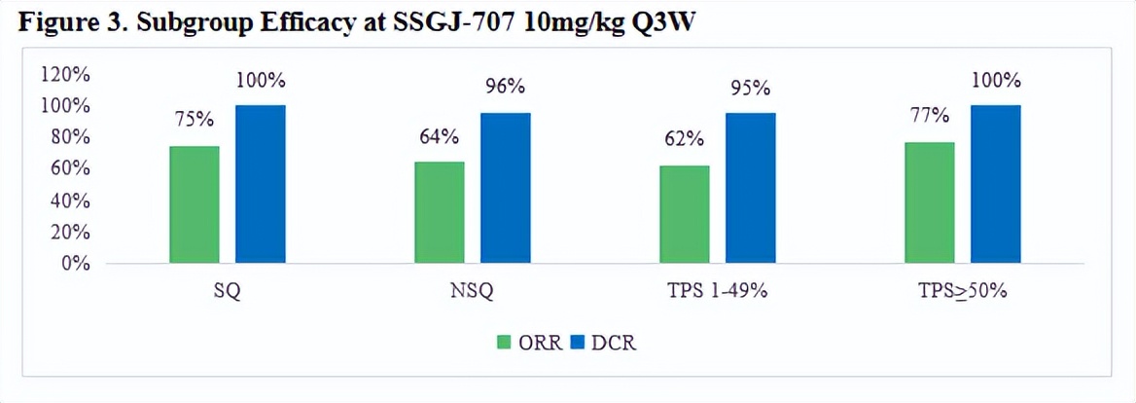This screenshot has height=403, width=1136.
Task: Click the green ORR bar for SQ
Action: coord(195,204)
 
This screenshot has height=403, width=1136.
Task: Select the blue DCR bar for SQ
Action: coord(260,184)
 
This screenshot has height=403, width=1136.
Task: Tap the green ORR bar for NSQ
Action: coord(440,212)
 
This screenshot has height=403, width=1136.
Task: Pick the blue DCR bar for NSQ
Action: coord(505,187)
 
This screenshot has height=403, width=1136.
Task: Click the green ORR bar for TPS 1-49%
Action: coord(685,214)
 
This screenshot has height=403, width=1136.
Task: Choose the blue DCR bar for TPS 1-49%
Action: coord(750,187)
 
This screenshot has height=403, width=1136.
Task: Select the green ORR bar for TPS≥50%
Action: coord(930,202)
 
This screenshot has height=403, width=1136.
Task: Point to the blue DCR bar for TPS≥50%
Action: coord(995,184)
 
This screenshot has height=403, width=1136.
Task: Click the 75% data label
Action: coord(195,122)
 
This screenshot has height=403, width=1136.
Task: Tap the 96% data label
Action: coord(505,88)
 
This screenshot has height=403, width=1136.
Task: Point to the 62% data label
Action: coord(685,139)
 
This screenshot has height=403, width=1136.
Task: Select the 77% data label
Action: coord(930,116)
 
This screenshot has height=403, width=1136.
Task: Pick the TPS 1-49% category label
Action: coord(718,293)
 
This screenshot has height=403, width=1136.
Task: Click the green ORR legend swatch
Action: coord(504,342)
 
